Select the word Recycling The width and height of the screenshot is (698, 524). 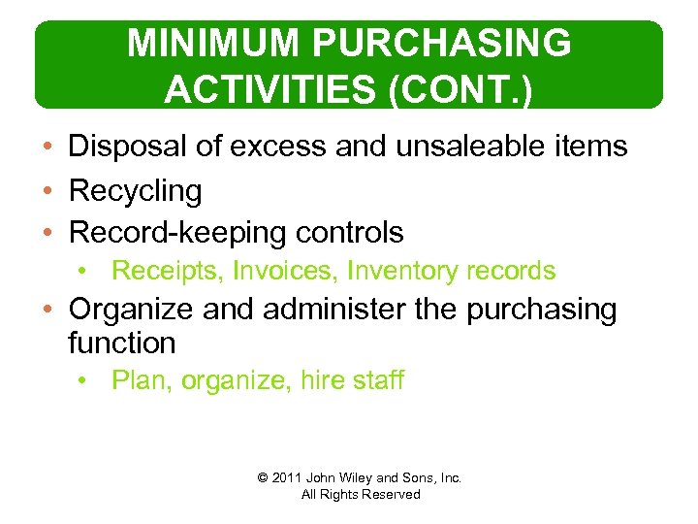pos(136,191)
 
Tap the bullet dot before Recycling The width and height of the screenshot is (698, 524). pos(48,191)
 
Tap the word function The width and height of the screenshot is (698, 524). pos(122,343)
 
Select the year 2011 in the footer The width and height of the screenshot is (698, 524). pos(288,477)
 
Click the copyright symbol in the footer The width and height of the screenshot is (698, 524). pos(262,477)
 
